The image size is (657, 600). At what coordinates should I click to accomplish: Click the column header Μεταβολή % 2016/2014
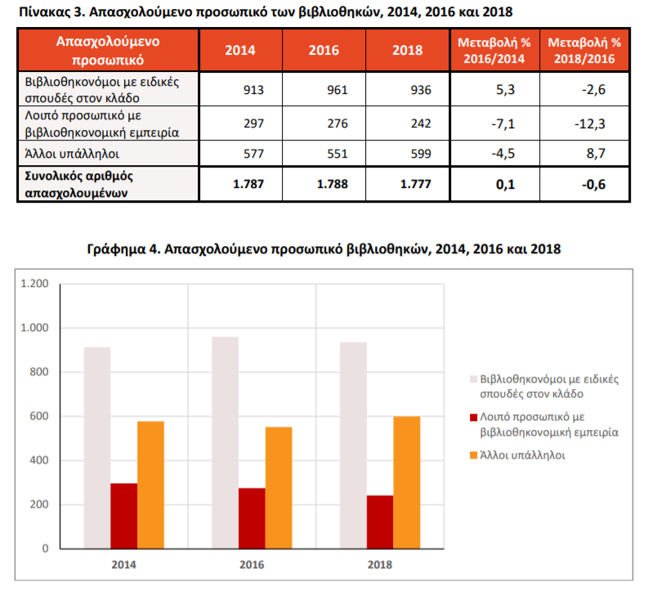(494, 51)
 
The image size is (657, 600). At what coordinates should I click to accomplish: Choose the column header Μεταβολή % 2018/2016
(584, 51)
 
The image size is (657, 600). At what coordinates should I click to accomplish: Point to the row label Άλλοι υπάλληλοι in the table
(72, 154)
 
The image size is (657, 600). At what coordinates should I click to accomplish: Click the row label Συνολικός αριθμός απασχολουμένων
(78, 184)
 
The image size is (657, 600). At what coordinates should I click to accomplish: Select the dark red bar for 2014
(124, 516)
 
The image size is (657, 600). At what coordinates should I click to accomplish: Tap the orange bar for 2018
(407, 482)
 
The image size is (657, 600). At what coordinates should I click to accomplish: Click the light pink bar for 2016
(226, 443)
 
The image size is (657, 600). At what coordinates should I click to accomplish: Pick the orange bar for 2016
(279, 488)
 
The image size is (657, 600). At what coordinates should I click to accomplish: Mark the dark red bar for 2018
(380, 522)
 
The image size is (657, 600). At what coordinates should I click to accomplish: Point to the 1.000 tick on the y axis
(35, 328)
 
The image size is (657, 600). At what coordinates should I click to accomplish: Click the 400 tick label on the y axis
(39, 460)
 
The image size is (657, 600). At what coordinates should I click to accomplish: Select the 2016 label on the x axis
(252, 565)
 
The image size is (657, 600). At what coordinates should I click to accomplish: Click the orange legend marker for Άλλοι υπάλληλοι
(474, 455)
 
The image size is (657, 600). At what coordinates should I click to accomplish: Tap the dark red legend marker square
(474, 418)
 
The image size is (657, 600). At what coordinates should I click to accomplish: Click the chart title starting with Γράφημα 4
(324, 249)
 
